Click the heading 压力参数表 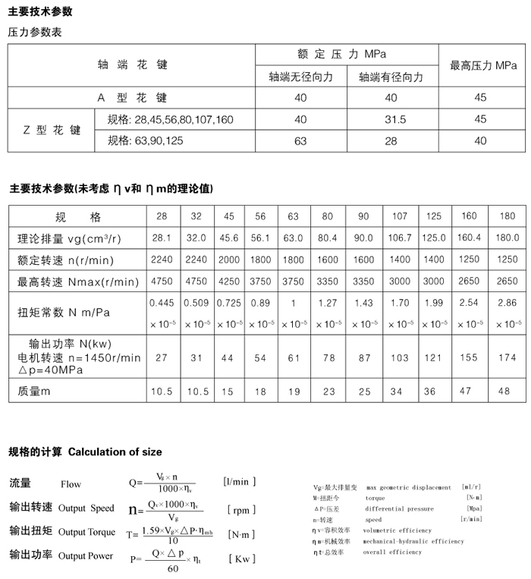pos(35,33)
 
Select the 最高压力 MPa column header pos(483,66)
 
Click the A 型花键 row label pos(132,98)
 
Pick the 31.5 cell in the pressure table pos(392,120)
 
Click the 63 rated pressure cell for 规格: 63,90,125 pos(300,140)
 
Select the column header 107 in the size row pos(400,216)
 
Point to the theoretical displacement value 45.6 pos(228,238)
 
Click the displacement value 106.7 pos(400,238)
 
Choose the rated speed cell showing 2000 pos(228,260)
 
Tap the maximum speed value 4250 pos(228,281)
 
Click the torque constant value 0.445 pos(162,303)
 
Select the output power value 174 pos(507,357)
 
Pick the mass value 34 pos(400,391)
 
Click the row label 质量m pos(34,391)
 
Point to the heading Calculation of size pos(115,452)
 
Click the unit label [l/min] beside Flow pos(239,482)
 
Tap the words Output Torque pos(86,532)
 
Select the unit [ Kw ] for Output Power pos(241,559)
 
